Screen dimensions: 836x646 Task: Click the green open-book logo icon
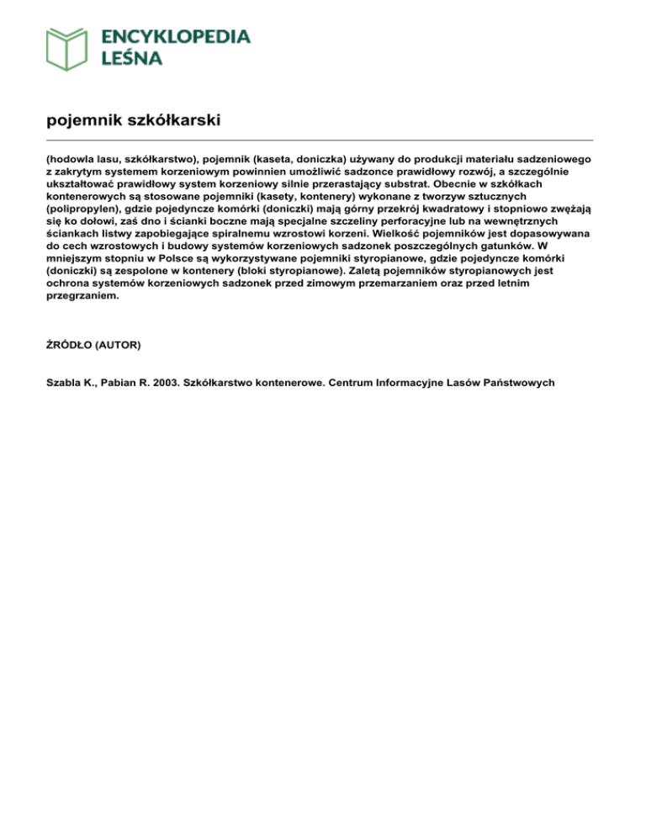click(x=67, y=48)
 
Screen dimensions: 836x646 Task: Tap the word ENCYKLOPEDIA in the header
click(x=175, y=37)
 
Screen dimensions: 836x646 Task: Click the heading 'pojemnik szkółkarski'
click(x=134, y=120)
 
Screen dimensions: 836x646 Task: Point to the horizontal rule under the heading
click(x=320, y=140)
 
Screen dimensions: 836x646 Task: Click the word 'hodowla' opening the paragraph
click(x=73, y=158)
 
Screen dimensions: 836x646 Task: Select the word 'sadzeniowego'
click(x=552, y=158)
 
